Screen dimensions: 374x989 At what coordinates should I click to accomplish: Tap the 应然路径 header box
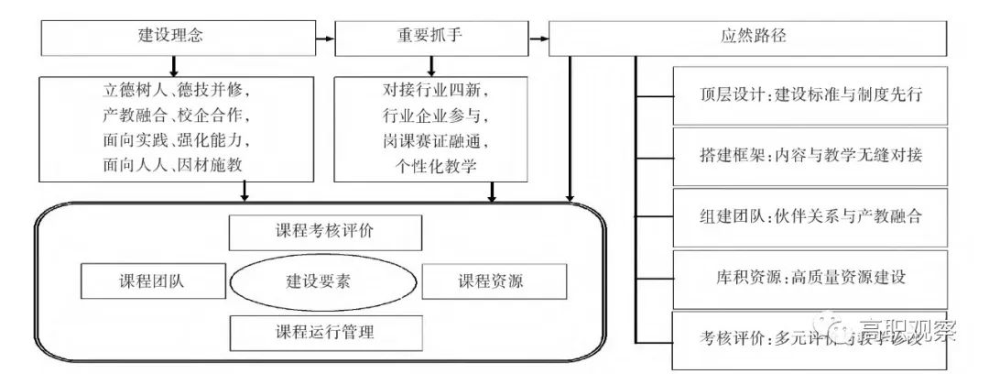click(747, 38)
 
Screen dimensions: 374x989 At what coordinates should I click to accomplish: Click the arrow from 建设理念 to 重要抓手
click(325, 38)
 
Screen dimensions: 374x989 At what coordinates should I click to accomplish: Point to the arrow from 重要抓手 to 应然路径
click(538, 38)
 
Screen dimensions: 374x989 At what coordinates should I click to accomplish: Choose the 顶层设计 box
click(810, 95)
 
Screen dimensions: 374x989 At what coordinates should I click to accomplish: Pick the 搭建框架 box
click(810, 156)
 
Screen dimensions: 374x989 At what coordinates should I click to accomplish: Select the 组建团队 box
click(810, 217)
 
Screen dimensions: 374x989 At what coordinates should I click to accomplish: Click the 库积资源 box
click(810, 277)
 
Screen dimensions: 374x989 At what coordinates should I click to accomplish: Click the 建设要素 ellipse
click(312, 280)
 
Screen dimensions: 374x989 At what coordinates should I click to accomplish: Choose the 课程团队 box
click(146, 280)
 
